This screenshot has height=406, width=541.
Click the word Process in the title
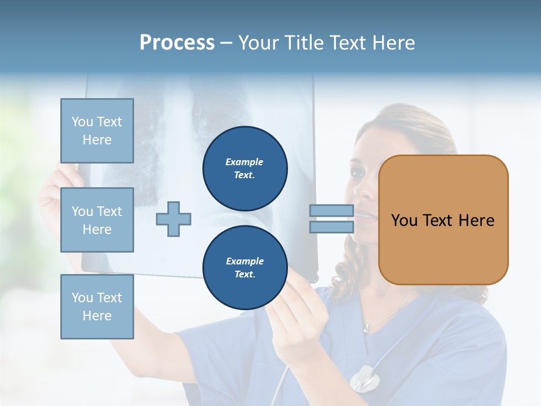177,42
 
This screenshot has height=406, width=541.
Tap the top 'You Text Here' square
97,131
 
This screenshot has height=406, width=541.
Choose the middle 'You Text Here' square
97,220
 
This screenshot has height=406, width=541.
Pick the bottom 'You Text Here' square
97,306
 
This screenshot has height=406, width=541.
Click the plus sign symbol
174,219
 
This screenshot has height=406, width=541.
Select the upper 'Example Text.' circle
245,168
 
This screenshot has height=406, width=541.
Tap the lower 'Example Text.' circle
245,267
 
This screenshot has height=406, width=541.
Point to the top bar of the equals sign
331,210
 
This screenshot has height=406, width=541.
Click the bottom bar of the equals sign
331,227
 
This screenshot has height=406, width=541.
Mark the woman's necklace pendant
367,328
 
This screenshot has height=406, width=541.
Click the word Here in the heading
393,42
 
